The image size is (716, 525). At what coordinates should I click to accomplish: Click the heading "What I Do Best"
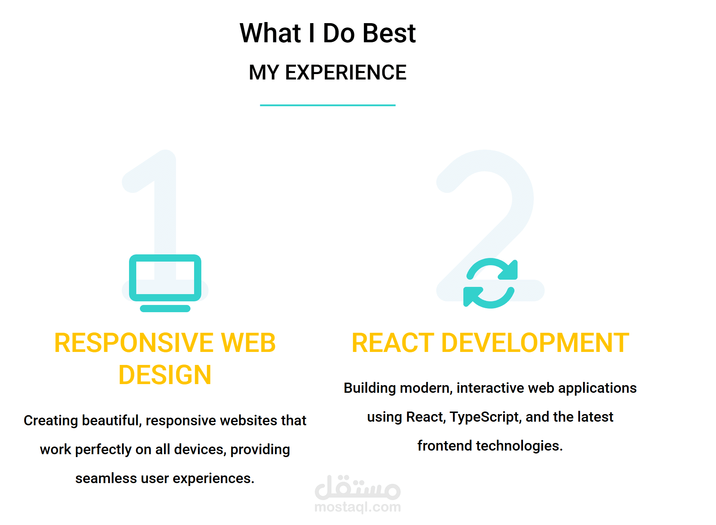pyautogui.click(x=327, y=33)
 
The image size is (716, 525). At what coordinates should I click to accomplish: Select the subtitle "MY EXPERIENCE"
pyautogui.click(x=327, y=72)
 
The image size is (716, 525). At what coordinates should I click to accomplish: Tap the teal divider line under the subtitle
pyautogui.click(x=327, y=105)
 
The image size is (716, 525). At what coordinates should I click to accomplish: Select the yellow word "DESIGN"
pyautogui.click(x=165, y=375)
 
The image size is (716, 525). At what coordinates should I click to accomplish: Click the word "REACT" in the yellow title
pyautogui.click(x=393, y=343)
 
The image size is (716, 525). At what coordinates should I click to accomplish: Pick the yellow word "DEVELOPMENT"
pyautogui.click(x=535, y=343)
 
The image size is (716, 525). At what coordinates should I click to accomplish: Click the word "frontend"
pyautogui.click(x=445, y=446)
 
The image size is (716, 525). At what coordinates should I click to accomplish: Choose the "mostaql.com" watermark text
pyautogui.click(x=358, y=507)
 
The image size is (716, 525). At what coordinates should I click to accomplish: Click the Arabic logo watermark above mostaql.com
pyautogui.click(x=358, y=487)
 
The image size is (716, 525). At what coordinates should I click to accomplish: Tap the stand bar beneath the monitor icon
pyautogui.click(x=165, y=308)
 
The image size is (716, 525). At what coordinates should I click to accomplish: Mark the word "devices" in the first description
pyautogui.click(x=200, y=449)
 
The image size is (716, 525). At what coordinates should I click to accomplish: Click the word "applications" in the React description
pyautogui.click(x=597, y=388)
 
